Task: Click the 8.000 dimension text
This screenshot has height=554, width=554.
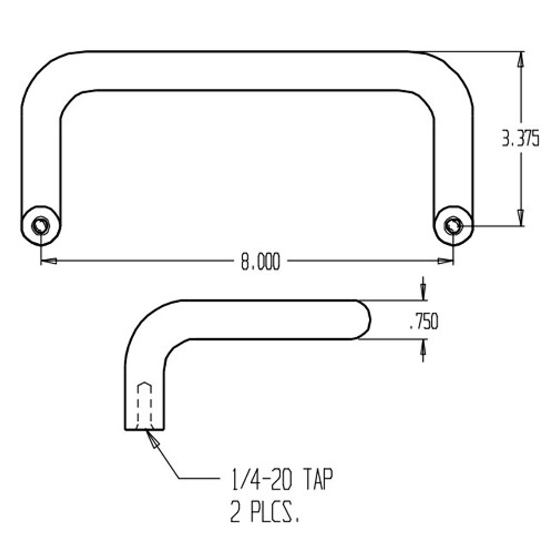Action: (261, 262)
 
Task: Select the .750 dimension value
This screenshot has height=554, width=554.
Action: (424, 322)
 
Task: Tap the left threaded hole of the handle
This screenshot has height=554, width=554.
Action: (41, 225)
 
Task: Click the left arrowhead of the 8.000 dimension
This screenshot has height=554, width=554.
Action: (48, 261)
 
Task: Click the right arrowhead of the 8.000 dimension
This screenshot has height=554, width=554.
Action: (446, 261)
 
